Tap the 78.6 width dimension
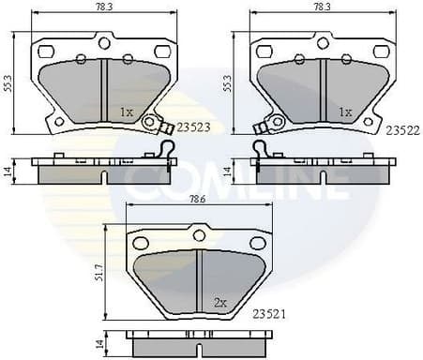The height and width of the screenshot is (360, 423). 197,200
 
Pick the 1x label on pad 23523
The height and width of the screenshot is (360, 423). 127,112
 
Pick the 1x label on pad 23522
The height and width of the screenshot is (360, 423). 345,112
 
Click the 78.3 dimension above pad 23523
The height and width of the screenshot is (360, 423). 102,7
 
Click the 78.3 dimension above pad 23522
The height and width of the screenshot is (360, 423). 322,7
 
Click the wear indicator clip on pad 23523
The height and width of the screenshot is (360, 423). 150,121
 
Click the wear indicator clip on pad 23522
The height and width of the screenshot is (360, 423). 276,122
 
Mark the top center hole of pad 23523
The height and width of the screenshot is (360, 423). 104,42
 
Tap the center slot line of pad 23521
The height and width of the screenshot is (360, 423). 199,277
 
